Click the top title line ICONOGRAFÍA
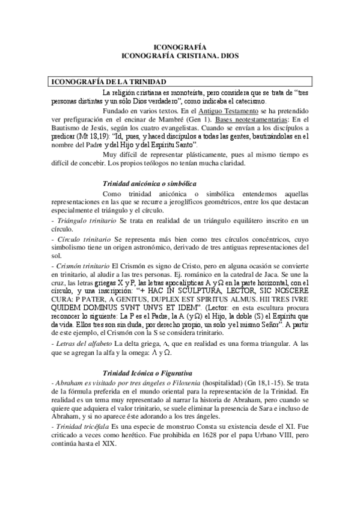pyautogui.click(x=180, y=46)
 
